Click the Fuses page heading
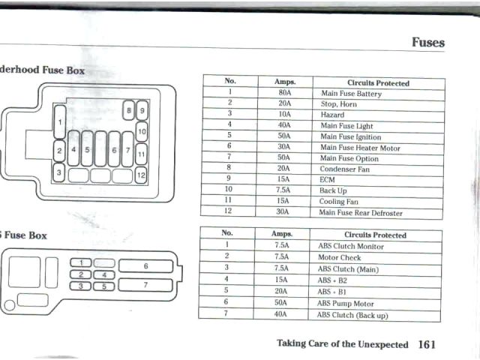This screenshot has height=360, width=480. coord(427,42)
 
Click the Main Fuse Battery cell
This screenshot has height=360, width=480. coord(350,94)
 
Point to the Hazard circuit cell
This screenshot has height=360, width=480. coord(332,115)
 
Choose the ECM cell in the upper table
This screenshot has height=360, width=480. coord(328,180)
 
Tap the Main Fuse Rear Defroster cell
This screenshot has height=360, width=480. coord(361,213)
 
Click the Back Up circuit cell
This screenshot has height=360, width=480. coord(334,191)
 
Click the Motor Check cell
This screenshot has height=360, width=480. coord(339,257)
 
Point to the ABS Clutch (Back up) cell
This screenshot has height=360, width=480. coord(352,315)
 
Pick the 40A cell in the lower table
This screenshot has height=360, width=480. coord(281,315)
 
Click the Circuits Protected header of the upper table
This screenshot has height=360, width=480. coord(377,82)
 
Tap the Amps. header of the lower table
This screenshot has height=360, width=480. coord(281,235)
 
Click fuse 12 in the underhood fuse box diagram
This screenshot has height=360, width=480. coord(141,176)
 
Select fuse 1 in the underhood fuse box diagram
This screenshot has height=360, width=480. coord(59,121)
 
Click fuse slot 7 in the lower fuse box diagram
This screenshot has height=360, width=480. coord(146,285)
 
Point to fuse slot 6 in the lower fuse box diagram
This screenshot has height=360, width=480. coord(146,266)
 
